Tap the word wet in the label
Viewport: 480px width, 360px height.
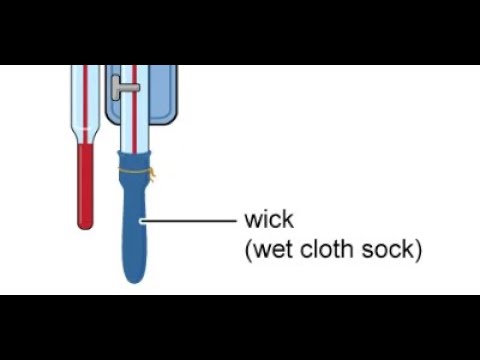click(x=272, y=249)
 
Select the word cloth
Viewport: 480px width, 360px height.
click(x=329, y=249)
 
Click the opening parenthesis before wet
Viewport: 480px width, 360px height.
click(x=248, y=250)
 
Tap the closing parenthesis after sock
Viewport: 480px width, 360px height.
click(x=418, y=250)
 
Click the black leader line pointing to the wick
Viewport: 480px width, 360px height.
click(x=190, y=219)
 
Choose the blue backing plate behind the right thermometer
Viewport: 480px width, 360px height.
click(x=165, y=95)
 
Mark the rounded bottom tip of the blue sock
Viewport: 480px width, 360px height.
click(x=135, y=278)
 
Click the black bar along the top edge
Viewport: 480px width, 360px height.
click(x=240, y=30)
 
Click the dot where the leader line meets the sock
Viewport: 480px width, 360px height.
click(x=143, y=219)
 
